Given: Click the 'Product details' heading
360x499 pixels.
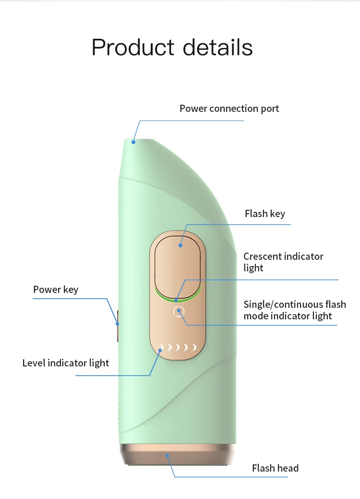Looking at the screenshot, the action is [172, 48].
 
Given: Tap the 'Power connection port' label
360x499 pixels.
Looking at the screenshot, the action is [229, 109].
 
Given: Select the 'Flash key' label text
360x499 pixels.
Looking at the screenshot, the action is [264, 214].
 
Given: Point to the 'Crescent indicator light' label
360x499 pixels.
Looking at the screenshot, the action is [283, 262].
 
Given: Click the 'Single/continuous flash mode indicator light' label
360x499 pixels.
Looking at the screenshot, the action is [294, 310].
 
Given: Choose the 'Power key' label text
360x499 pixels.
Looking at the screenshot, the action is [55, 290].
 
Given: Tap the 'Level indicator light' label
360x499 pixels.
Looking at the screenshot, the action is [66, 363].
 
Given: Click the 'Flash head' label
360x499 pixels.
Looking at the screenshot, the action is [275, 468].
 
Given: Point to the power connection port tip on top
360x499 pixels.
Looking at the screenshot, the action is [134, 141].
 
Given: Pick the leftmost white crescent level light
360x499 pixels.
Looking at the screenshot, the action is [162, 347].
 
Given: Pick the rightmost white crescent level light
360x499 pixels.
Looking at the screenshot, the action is [194, 347].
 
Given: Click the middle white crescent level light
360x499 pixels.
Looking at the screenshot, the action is [178, 347].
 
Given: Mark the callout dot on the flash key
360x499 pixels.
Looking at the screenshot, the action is [180, 245].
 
